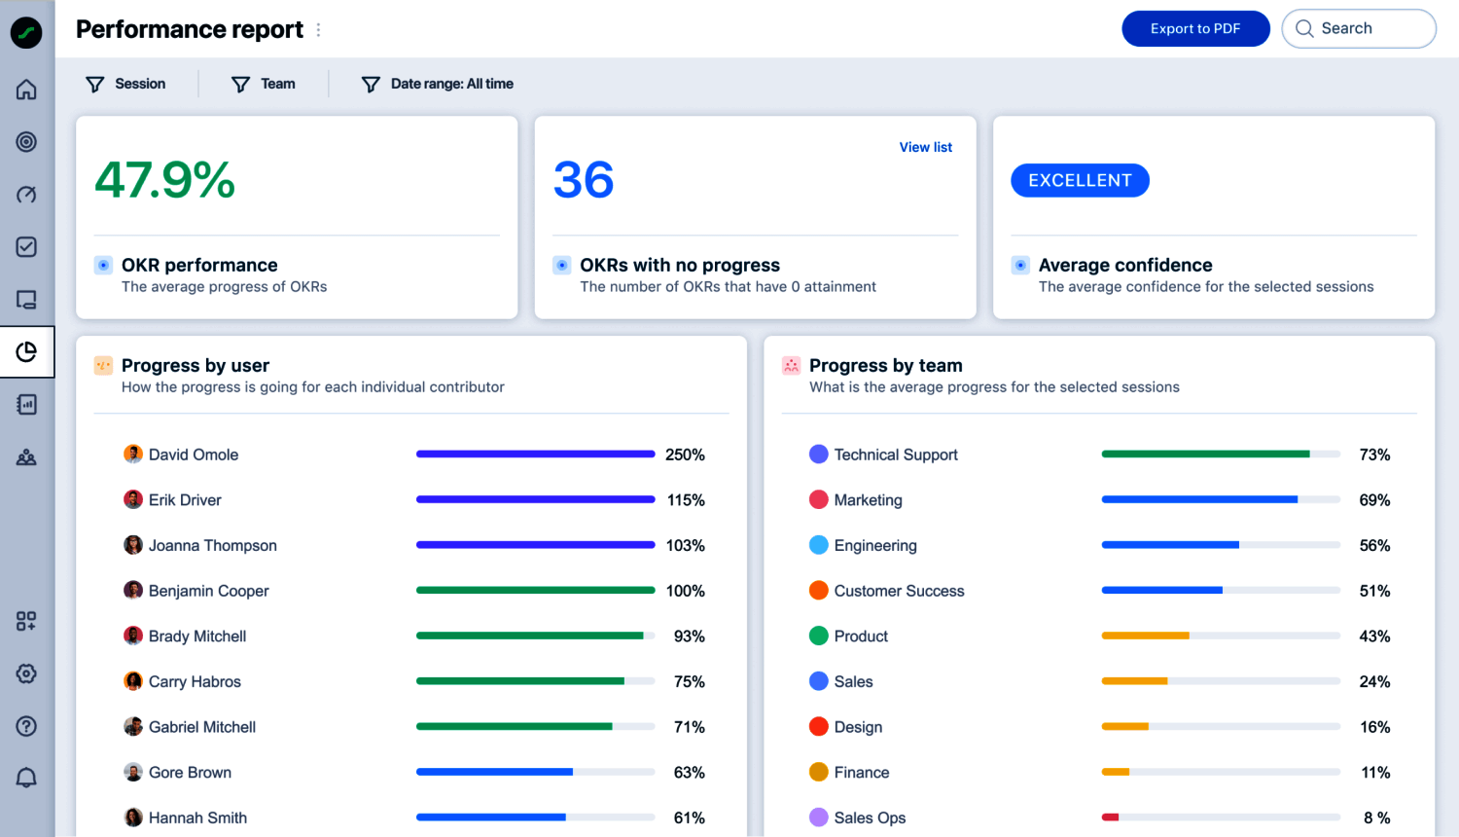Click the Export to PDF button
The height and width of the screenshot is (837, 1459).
click(x=1195, y=29)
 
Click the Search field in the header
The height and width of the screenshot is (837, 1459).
click(x=1359, y=29)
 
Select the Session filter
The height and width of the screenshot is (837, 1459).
click(x=126, y=85)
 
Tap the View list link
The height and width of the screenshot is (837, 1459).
click(x=925, y=147)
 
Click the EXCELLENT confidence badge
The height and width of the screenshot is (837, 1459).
click(x=1080, y=181)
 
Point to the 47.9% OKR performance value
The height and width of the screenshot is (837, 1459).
click(x=165, y=180)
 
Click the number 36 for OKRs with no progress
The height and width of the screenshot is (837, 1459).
click(x=584, y=180)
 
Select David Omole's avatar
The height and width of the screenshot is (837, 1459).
click(x=133, y=455)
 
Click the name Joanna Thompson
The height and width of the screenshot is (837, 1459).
click(x=212, y=546)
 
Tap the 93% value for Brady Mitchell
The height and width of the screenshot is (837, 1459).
click(x=689, y=637)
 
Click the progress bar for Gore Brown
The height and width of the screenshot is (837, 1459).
click(x=535, y=773)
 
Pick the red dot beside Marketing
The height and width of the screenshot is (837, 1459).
click(x=819, y=500)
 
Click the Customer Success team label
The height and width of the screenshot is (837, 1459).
click(x=899, y=591)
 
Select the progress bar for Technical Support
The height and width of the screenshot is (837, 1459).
click(x=1221, y=455)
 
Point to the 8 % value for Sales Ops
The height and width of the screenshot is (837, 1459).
click(x=1376, y=819)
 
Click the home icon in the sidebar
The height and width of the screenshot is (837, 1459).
click(x=26, y=90)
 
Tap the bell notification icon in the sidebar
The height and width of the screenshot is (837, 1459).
click(x=26, y=778)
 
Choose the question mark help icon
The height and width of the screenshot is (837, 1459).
click(x=26, y=726)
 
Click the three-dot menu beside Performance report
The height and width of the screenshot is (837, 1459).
click(x=318, y=30)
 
